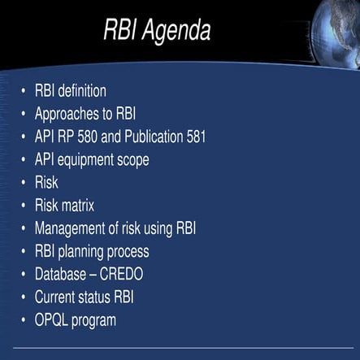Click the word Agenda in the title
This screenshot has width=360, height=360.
178,31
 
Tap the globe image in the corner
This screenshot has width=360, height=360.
336,33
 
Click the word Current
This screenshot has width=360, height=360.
56,297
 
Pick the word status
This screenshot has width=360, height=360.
99,297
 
